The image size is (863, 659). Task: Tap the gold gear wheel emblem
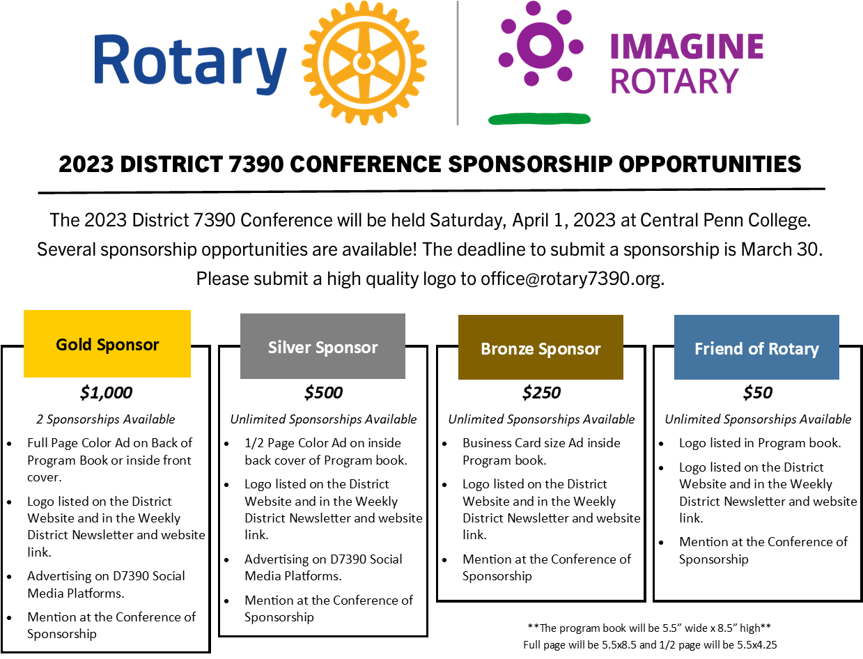pyautogui.click(x=364, y=63)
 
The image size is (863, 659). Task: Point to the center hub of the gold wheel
pyautogui.click(x=364, y=63)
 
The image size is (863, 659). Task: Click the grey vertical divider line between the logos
pyautogui.click(x=457, y=63)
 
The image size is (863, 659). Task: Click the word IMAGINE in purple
pyautogui.click(x=686, y=47)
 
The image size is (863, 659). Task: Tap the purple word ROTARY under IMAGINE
pyautogui.click(x=674, y=82)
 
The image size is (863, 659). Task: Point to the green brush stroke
pyautogui.click(x=539, y=119)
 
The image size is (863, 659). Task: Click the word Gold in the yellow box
pyautogui.click(x=74, y=345)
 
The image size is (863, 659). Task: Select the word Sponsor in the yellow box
pyautogui.click(x=128, y=345)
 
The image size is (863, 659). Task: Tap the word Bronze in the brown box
pyautogui.click(x=506, y=349)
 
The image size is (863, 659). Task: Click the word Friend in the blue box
pyautogui.click(x=717, y=348)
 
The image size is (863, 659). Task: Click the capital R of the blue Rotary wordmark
pyautogui.click(x=110, y=60)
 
